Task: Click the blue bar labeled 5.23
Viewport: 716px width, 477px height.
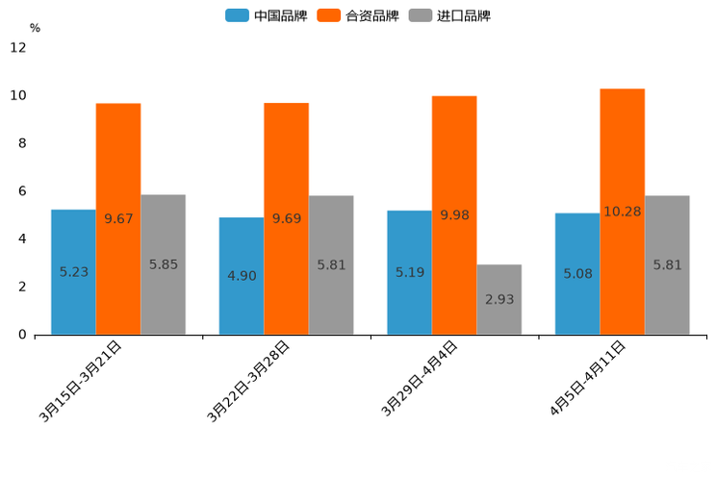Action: pyautogui.click(x=73, y=272)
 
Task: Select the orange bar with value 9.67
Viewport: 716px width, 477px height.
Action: pyautogui.click(x=118, y=218)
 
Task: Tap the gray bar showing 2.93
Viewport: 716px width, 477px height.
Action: pyautogui.click(x=499, y=299)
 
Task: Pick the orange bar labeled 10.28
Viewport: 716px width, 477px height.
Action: pyautogui.click(x=622, y=212)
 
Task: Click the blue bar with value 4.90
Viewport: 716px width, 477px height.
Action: pyautogui.click(x=242, y=276)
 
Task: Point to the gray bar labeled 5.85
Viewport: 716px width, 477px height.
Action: pyautogui.click(x=163, y=264)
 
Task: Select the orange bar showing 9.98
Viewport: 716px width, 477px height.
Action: pyautogui.click(x=454, y=215)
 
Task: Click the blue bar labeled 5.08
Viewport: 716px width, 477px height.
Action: pyautogui.click(x=577, y=274)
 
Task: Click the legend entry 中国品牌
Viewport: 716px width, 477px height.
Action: pyautogui.click(x=267, y=15)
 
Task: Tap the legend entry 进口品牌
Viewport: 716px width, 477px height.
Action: pyautogui.click(x=450, y=15)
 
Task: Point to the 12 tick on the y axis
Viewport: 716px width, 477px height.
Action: pyautogui.click(x=18, y=48)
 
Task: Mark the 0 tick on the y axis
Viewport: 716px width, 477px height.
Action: pyautogui.click(x=21, y=335)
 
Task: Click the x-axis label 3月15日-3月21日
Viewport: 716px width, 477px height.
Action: pyautogui.click(x=81, y=381)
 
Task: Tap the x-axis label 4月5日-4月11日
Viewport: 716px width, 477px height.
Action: pyautogui.click(x=588, y=378)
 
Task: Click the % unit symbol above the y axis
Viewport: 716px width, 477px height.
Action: pyautogui.click(x=35, y=28)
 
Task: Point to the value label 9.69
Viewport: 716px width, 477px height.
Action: pyautogui.click(x=286, y=218)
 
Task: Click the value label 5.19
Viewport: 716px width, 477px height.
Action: pyautogui.click(x=410, y=272)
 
